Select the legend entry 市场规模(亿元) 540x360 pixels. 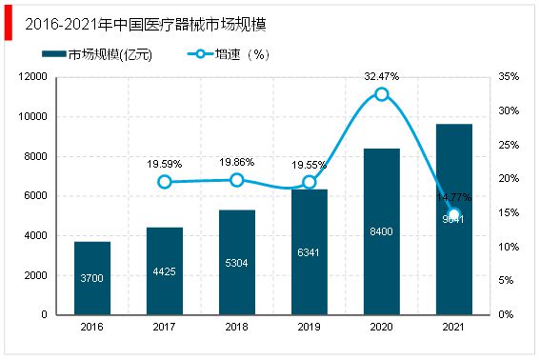click(104, 54)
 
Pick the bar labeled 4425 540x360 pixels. click(165, 270)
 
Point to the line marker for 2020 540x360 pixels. click(382, 93)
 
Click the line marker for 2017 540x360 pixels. click(165, 182)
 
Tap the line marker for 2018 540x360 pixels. click(237, 180)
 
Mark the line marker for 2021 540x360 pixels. click(454, 214)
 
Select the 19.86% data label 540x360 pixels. click(237, 163)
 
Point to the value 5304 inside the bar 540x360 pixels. click(237, 264)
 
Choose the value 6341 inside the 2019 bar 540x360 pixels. click(310, 253)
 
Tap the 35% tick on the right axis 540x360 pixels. click(509, 77)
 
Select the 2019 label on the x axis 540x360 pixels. click(310, 327)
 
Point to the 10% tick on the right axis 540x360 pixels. click(509, 247)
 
